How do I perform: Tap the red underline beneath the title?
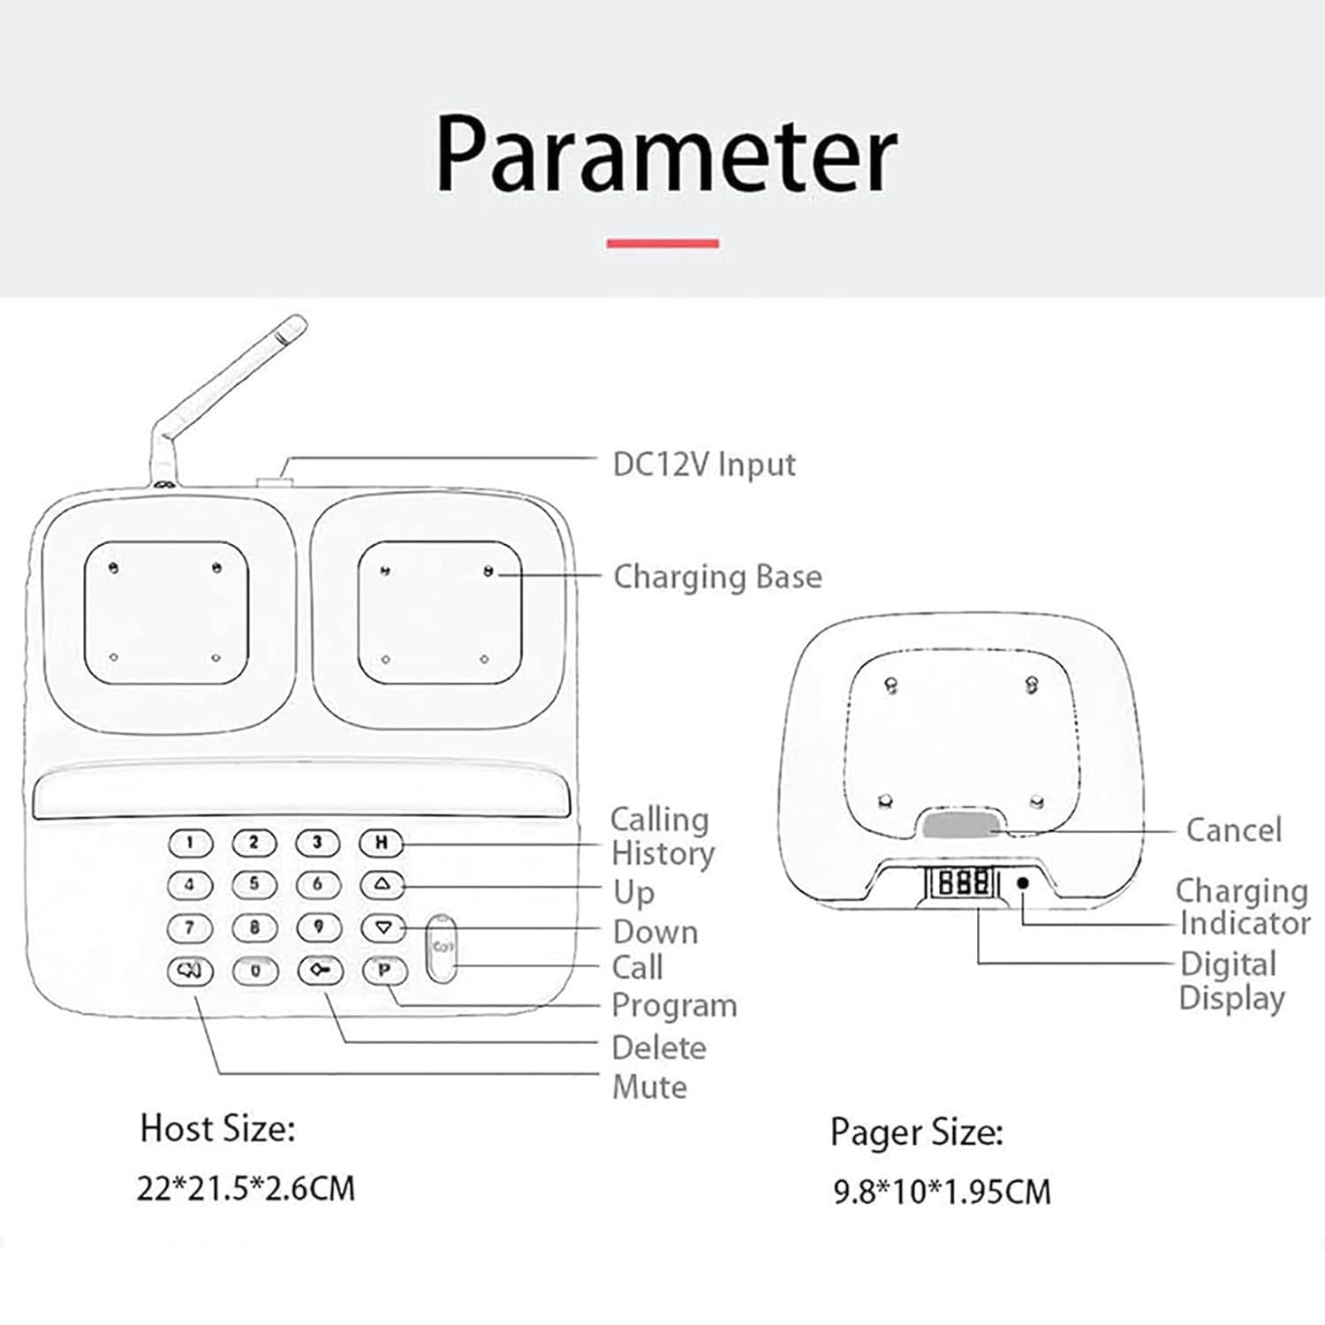pos(662,243)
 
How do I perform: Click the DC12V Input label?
pos(704,465)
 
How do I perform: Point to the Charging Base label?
pos(717,577)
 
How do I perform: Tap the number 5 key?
pos(254,884)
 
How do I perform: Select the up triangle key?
pos(382,884)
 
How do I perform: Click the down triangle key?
pos(382,927)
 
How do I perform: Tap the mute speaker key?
pos(190,971)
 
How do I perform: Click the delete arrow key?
pos(319,971)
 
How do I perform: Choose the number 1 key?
pos(190,842)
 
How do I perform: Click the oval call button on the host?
pos(442,948)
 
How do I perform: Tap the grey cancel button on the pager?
pos(960,826)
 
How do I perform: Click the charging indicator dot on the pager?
pos(1023,882)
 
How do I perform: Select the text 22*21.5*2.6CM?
pos(246,1188)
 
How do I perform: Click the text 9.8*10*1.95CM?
pos(943,1192)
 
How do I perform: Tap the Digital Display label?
pos(1231,980)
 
